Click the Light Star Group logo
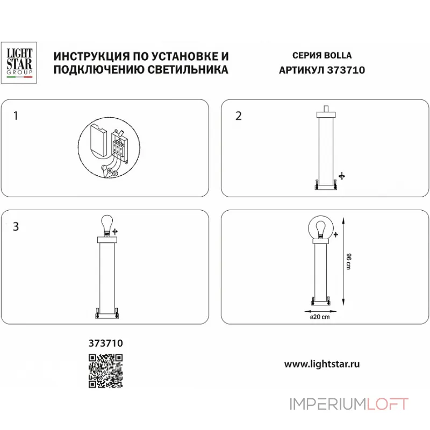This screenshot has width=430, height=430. (19, 63)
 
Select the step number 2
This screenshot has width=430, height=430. (239, 116)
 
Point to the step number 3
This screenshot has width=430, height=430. (16, 226)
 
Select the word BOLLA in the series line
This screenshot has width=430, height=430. (338, 56)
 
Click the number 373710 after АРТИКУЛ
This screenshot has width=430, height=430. (346, 69)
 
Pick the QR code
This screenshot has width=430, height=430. (105, 371)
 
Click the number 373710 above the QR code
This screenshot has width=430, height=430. (105, 342)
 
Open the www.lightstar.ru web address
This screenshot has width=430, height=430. (321, 364)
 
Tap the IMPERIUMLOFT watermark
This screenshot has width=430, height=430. (349, 404)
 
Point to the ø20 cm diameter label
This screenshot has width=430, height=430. (319, 317)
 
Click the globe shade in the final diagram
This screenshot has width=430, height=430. (320, 229)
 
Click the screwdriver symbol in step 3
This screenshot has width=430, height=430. (114, 231)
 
